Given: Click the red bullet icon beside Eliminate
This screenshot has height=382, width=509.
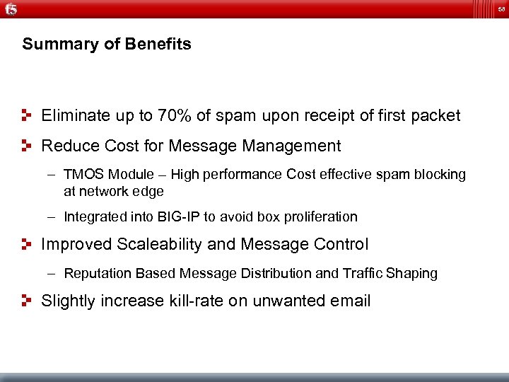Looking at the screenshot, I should (27, 115).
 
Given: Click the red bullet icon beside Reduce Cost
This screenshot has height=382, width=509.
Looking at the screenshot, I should (27, 146).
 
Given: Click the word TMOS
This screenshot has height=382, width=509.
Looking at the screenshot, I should (82, 174).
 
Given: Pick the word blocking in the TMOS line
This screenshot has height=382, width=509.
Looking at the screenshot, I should (443, 174).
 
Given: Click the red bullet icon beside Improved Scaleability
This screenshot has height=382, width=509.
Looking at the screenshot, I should (27, 244).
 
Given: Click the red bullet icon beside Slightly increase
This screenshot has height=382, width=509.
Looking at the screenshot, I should (27, 301).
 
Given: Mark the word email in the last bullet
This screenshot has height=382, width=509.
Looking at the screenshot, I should (350, 301).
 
